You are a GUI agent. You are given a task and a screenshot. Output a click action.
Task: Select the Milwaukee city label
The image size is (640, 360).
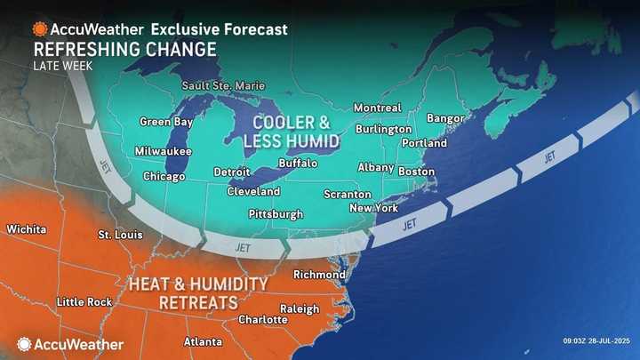coord(163,151)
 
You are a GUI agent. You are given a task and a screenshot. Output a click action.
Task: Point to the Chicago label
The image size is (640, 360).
coord(164,176)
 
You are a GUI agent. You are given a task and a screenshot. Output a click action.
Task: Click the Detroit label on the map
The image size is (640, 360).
coord(231,172)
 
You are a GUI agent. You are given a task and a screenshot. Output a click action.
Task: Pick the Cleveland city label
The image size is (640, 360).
coord(253,191)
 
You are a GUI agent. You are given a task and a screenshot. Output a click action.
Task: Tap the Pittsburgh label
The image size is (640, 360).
coord(276,214)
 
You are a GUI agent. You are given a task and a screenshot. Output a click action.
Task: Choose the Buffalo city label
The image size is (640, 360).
coord(298,164)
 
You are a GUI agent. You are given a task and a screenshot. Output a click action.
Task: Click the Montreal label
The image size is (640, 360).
coord(377,108)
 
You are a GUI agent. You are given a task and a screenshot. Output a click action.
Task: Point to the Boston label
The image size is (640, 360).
coord(416,171)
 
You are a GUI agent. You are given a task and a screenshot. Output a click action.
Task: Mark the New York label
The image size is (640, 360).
coord(373,208)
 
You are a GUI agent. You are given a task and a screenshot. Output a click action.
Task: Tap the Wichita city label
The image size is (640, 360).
coord(26,229)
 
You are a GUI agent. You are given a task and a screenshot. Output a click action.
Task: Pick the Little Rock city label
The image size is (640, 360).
coord(84,302)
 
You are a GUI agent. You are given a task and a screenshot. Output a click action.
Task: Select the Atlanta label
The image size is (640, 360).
coord(204,341)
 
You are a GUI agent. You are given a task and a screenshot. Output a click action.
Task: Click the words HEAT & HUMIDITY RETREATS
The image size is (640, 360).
coord(197,292)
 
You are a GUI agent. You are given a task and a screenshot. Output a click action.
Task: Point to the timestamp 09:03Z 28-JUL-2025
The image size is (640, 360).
coord(599,340)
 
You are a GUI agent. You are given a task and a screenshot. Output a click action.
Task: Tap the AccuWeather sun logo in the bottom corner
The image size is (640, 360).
coord(24,343)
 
